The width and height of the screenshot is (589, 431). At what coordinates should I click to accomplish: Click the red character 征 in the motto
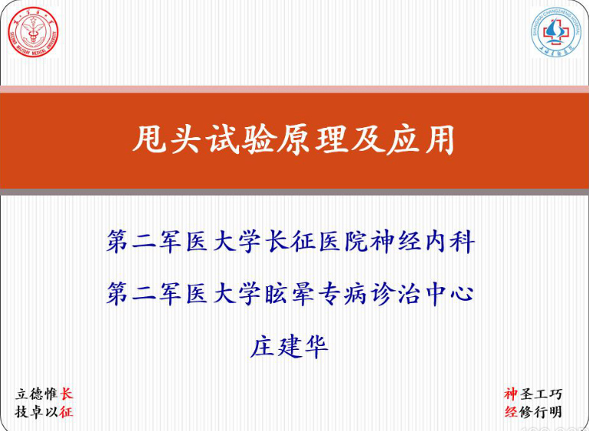pos(67,413)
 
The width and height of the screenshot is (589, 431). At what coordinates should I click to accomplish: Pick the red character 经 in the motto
pos(511,413)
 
